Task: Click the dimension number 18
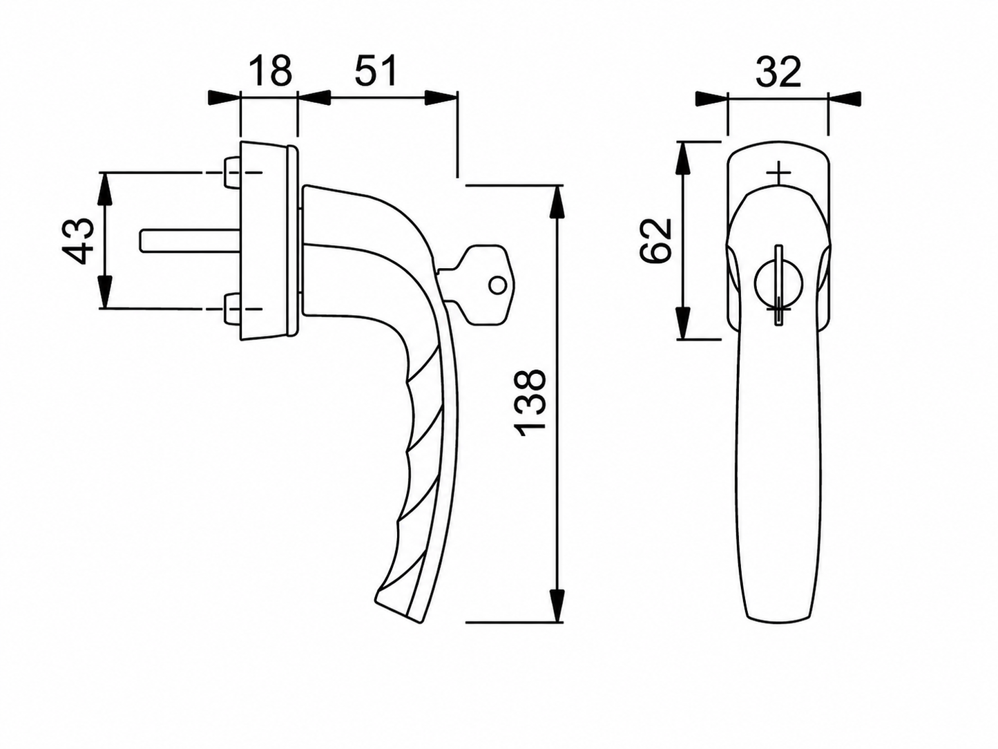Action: click(271, 71)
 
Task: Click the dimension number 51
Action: click(376, 71)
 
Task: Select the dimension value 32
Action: click(778, 72)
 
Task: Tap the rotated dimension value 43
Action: click(77, 240)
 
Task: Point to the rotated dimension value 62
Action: click(655, 240)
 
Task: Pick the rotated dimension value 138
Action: click(529, 404)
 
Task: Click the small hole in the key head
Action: click(497, 285)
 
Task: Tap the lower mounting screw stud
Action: click(232, 310)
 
